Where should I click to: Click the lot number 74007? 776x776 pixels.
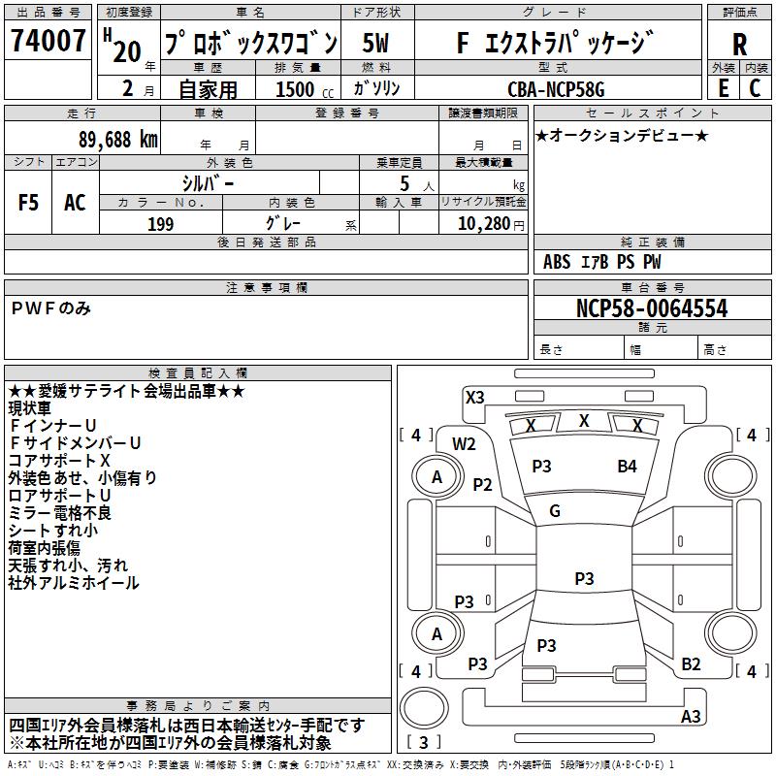48,42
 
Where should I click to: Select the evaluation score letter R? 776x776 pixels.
739,45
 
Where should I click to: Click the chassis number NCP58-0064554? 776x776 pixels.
652,308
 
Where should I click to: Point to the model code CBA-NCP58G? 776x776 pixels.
556,89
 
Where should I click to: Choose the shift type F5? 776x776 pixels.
29,202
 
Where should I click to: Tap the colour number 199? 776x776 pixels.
160,224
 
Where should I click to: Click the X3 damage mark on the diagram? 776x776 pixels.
474,397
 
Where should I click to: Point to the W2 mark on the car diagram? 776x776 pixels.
465,444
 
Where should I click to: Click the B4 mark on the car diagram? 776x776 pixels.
628,467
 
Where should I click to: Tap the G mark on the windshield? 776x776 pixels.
555,511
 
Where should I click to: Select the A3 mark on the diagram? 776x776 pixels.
691,717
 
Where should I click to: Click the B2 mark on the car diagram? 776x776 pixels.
691,664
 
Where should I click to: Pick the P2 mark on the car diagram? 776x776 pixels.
482,485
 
